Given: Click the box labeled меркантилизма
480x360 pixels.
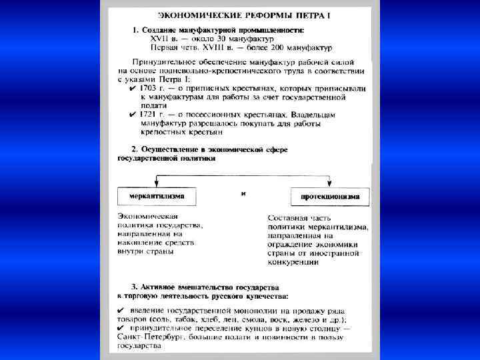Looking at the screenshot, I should (157, 197).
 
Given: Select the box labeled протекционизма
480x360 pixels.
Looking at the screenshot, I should (330, 197).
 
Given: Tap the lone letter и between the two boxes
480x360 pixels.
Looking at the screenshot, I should (243, 193).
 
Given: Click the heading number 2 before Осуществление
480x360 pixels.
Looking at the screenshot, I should (134, 149).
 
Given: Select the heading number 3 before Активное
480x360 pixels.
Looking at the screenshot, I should (134, 285).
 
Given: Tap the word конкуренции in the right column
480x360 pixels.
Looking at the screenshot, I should (293, 262).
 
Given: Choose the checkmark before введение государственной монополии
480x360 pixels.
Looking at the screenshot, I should (120, 311).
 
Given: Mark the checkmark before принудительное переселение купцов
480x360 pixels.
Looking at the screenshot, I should (120, 329).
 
